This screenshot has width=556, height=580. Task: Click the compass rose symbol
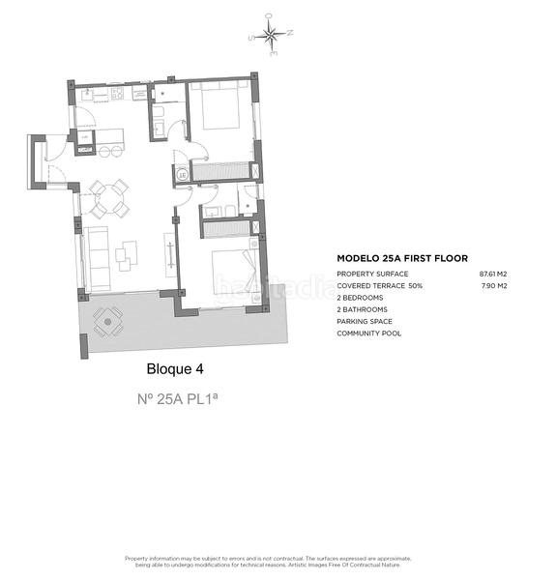coord(271,39)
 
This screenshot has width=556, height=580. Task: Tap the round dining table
coord(108,198)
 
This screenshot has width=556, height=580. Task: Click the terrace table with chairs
coord(106,320)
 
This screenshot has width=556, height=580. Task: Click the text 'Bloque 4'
coord(174,368)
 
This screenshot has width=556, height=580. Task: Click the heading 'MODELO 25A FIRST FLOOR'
coord(401,259)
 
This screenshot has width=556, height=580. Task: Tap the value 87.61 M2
coord(493,275)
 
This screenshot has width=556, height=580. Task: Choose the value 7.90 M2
coord(495,286)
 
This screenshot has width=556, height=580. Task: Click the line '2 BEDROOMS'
coord(360,298)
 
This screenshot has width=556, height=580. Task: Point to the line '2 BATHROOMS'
coord(362,309)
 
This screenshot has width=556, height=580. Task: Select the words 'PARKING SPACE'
coord(364,321)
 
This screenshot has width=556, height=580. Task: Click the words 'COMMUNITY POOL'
coord(368,333)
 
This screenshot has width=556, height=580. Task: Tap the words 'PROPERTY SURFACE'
coord(372,275)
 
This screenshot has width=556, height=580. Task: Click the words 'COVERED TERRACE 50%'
coord(380,286)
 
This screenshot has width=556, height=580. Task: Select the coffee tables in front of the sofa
coord(126,255)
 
